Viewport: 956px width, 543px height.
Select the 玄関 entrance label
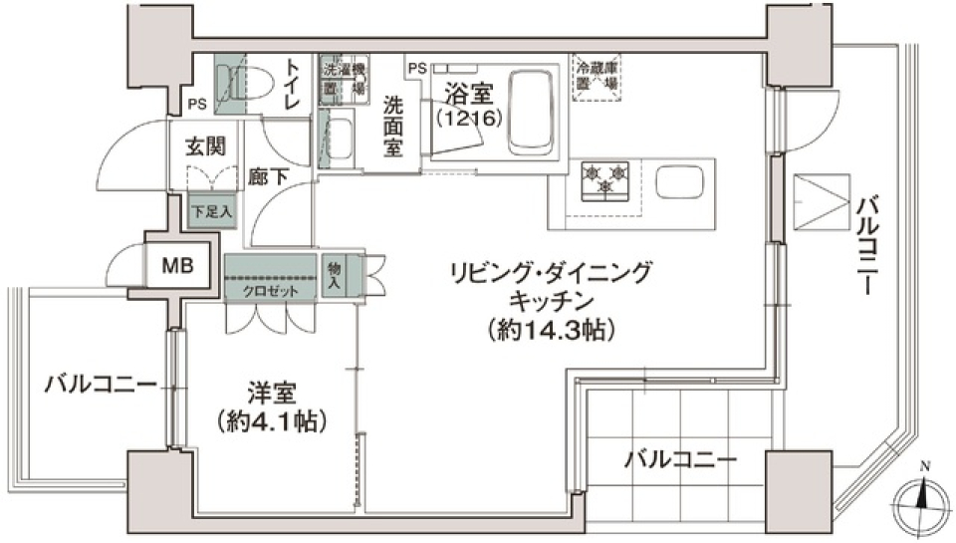pyautogui.click(x=204, y=145)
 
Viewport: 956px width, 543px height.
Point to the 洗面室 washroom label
pyautogui.click(x=393, y=125)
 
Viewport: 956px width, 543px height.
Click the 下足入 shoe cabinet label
pyautogui.click(x=212, y=212)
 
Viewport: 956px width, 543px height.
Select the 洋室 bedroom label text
pyautogui.click(x=271, y=393)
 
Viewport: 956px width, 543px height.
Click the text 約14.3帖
pyautogui.click(x=551, y=329)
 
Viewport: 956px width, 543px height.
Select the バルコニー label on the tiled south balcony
pyautogui.click(x=681, y=460)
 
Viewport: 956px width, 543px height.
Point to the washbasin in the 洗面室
pyautogui.click(x=340, y=138)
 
